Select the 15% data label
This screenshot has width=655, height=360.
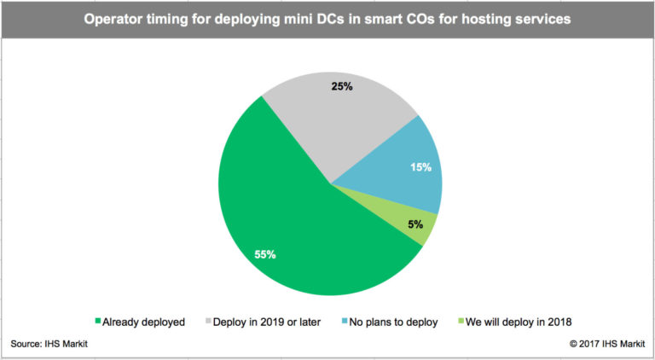tap(419, 167)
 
